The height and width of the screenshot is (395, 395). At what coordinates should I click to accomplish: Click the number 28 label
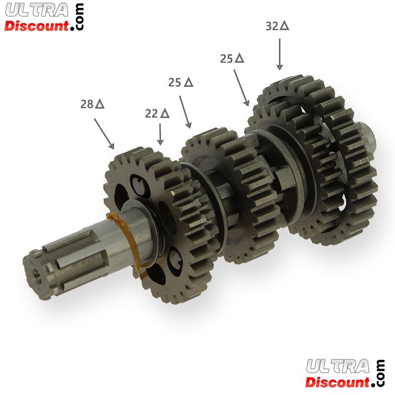click(87, 104)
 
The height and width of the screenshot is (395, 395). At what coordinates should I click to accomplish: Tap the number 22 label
click(152, 114)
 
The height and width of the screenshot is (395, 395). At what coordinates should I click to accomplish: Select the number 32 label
click(272, 26)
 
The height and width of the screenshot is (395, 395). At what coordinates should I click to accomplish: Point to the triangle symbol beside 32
click(285, 26)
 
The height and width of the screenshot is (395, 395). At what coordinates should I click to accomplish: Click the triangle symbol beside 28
click(100, 104)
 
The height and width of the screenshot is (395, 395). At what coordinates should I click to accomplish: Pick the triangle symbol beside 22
click(165, 114)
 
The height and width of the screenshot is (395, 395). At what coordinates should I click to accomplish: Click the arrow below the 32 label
click(279, 54)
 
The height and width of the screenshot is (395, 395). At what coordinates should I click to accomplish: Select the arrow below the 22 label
click(160, 134)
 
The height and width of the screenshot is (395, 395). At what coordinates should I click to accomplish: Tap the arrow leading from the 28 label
click(104, 133)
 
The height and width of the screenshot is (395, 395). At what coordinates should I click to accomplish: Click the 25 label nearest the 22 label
click(175, 82)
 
